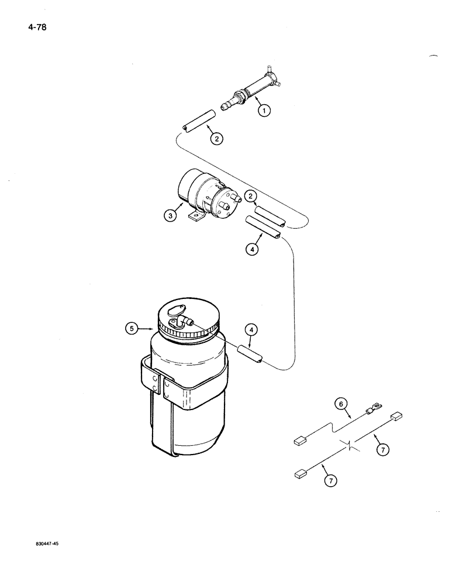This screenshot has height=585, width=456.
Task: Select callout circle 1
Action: coord(264,109)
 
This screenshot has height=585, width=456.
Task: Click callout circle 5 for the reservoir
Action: coord(133,329)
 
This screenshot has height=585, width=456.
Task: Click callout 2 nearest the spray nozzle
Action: coord(217,139)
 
